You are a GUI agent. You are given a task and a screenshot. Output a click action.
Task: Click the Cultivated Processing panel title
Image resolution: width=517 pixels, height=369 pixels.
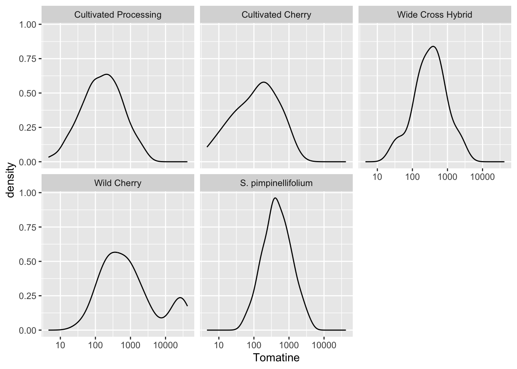[x=118, y=15]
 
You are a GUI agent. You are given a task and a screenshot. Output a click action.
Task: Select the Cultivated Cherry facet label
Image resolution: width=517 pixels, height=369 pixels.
[x=276, y=15]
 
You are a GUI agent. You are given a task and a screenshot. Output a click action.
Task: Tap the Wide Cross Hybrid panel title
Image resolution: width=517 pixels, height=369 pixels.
[x=435, y=15]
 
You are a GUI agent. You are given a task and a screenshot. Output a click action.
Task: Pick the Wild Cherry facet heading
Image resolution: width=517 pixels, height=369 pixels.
[x=118, y=183]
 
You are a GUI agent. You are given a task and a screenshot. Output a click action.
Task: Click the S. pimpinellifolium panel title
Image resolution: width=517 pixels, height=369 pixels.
[x=276, y=183]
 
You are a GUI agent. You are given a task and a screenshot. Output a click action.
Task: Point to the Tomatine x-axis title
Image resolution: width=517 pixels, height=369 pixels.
[x=276, y=358]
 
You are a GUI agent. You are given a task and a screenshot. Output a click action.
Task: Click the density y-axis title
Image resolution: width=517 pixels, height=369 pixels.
[x=10, y=180]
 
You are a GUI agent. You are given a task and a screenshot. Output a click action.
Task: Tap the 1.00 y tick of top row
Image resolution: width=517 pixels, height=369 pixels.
[x=28, y=25]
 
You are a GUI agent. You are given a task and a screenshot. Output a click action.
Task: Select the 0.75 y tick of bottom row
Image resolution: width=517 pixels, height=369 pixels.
[x=28, y=227]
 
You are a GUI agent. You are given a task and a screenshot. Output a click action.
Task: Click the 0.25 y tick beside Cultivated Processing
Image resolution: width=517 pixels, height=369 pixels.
[x=28, y=128]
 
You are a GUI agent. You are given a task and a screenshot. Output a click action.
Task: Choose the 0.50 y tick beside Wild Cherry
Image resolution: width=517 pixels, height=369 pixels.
[x=28, y=261]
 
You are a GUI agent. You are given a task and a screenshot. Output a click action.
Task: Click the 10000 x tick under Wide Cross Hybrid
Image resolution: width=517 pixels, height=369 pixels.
[x=482, y=177]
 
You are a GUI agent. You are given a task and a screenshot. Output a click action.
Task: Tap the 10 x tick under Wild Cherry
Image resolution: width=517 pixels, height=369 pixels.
[x=60, y=345]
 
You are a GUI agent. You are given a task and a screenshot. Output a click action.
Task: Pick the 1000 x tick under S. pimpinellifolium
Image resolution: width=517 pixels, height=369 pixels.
[x=289, y=345]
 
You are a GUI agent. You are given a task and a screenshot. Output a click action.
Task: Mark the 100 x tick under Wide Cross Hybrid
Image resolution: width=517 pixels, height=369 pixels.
[x=412, y=177]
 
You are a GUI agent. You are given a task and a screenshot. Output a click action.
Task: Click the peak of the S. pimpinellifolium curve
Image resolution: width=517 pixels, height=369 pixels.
[x=275, y=198]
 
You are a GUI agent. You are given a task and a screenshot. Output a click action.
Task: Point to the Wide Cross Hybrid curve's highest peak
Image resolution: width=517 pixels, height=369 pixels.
[x=433, y=47]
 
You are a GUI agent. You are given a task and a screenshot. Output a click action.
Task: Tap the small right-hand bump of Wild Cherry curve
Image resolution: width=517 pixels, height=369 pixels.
[x=180, y=298]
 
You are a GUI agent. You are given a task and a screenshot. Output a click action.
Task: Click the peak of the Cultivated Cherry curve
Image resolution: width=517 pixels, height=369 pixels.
[x=264, y=82]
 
